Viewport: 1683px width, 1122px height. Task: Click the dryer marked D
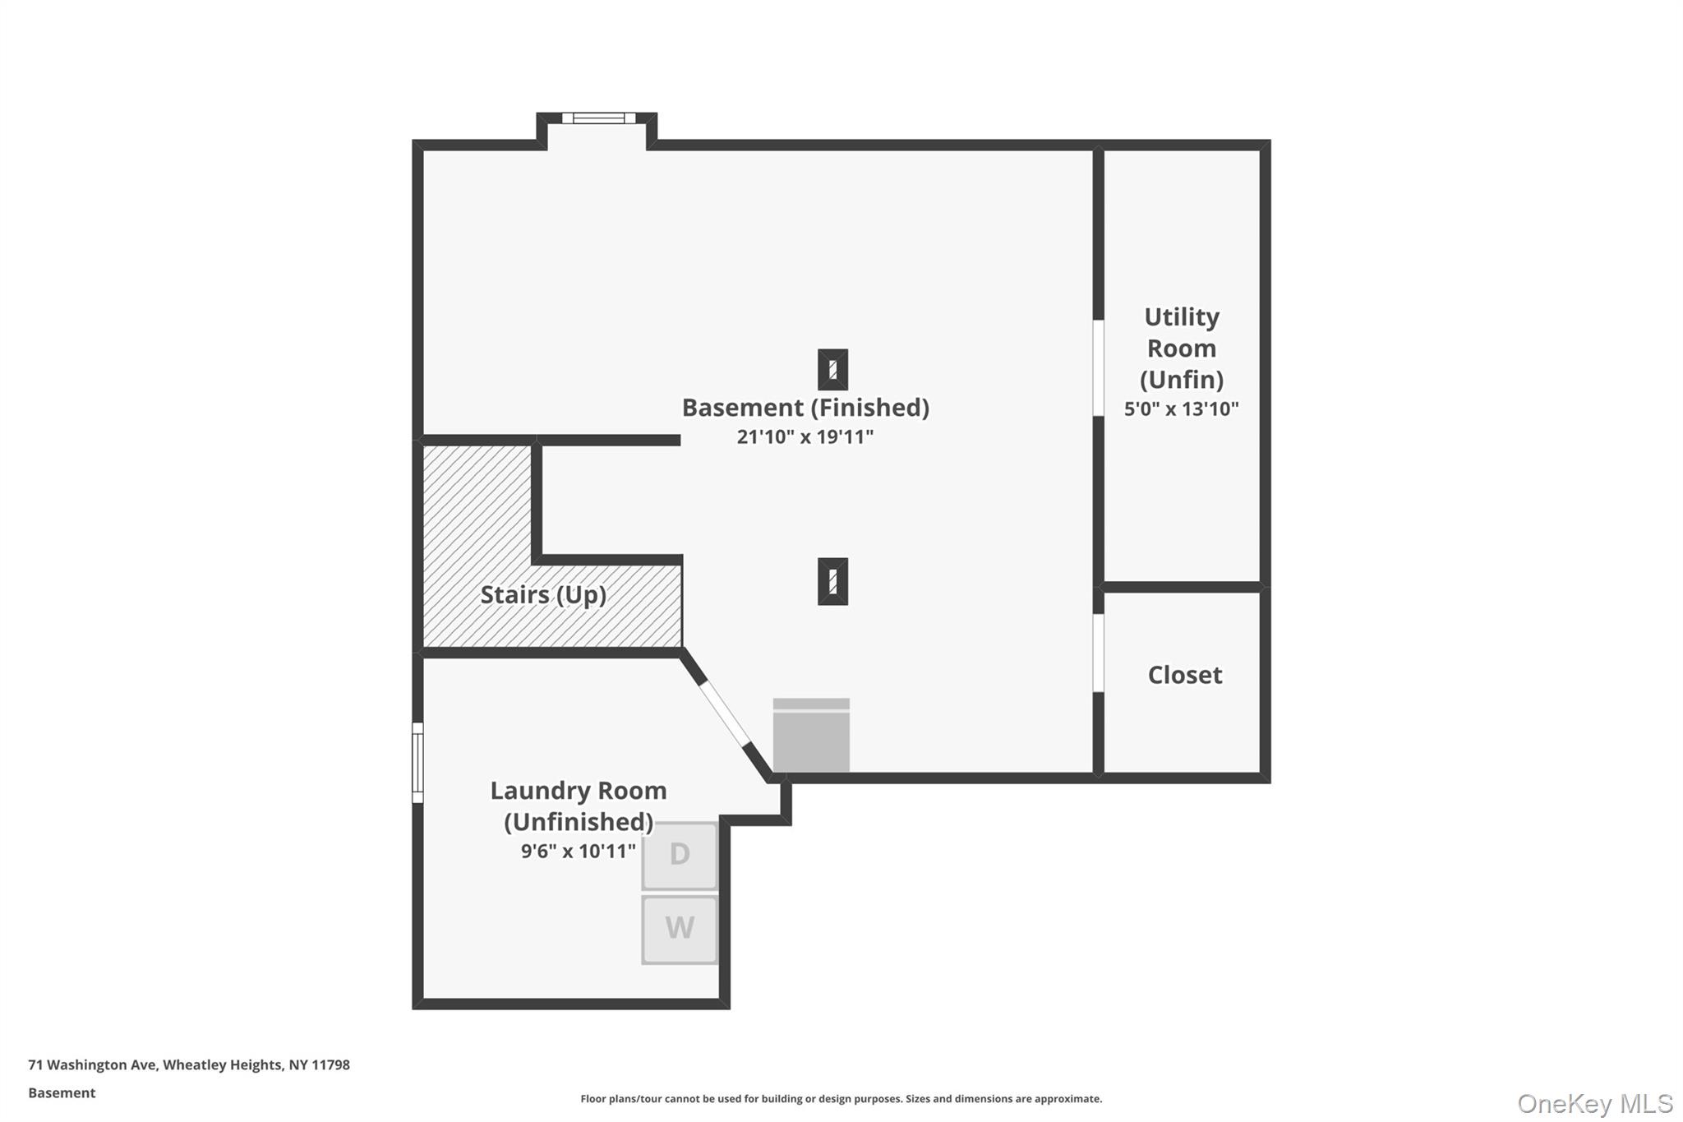coord(679,855)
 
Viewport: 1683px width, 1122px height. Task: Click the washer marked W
coord(679,929)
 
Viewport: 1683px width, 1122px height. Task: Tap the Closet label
coord(1184,675)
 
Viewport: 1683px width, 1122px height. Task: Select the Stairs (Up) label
coord(543,594)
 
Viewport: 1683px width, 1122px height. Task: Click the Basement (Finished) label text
coord(805,408)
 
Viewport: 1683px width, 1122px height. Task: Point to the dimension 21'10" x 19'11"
coord(805,436)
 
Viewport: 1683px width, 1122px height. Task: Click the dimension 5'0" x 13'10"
coord(1181,409)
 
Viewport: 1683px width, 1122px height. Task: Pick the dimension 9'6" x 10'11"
coord(578,851)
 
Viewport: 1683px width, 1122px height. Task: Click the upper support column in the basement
coord(832,370)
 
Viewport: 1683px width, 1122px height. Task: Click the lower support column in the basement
coord(832,581)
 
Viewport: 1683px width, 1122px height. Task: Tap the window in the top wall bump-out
coord(598,118)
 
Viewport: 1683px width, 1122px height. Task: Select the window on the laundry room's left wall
coord(417,762)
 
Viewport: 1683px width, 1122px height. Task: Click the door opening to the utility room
coord(1098,367)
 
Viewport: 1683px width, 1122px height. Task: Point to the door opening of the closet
coord(1098,653)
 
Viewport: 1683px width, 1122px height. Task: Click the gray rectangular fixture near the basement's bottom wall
coord(811,735)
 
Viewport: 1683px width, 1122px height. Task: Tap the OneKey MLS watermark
coord(1594,1103)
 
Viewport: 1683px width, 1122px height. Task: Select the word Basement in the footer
coord(62,1092)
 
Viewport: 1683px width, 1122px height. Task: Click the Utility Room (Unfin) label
coord(1181,348)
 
